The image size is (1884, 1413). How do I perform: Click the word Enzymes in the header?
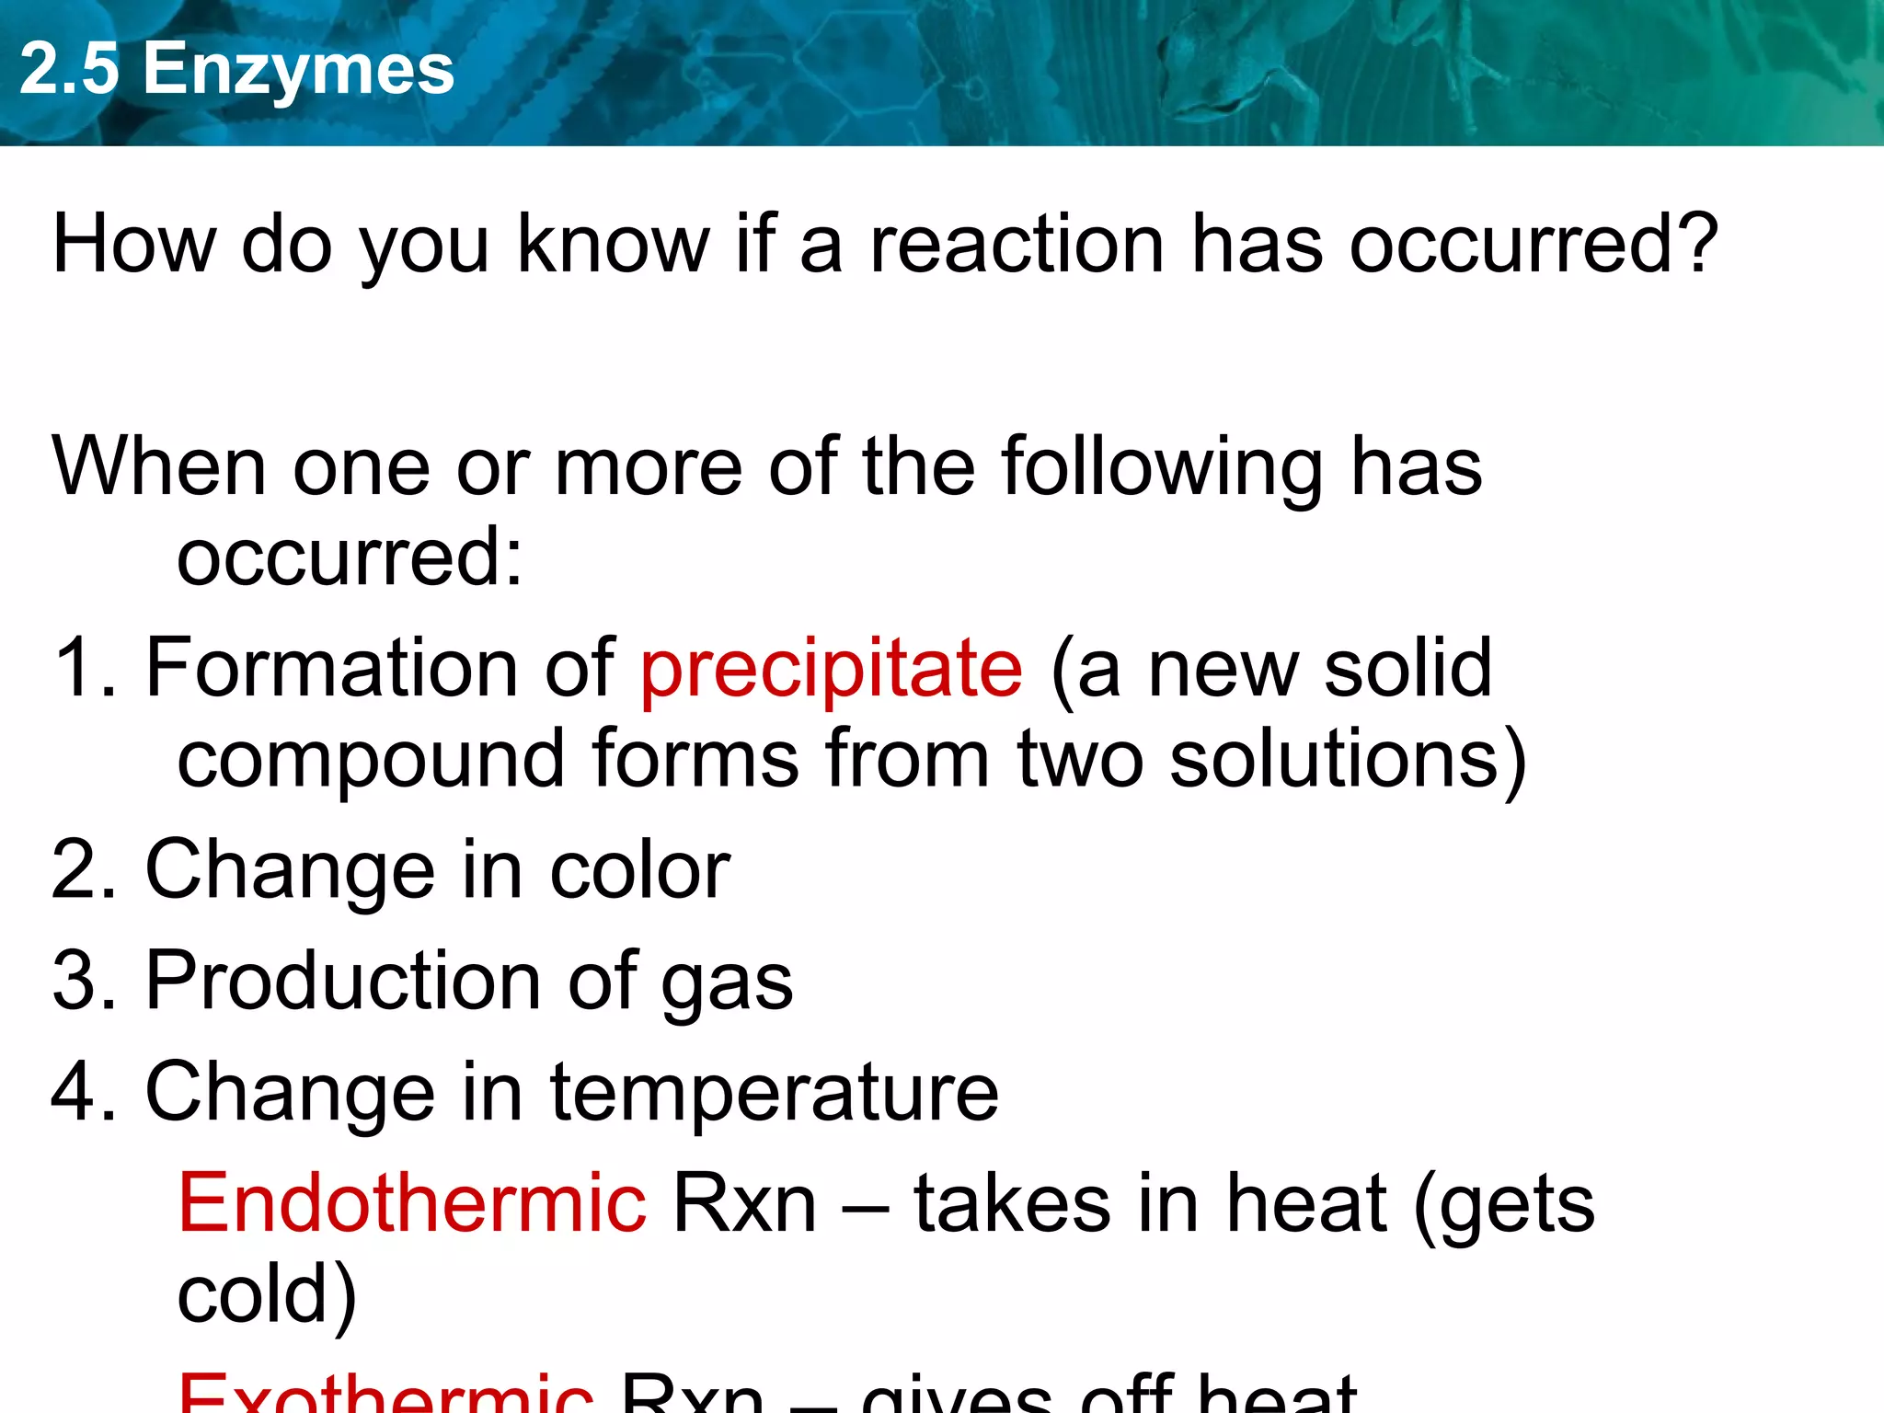tap(298, 70)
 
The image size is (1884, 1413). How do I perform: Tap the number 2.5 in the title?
tap(70, 70)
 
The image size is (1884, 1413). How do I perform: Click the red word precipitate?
tap(831, 669)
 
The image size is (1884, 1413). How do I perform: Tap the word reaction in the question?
tap(1017, 245)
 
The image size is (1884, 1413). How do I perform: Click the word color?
tap(639, 870)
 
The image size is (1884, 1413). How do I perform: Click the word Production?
tap(343, 982)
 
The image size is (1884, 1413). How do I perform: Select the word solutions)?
tap(1348, 761)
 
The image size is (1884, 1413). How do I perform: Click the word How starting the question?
tap(134, 245)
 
